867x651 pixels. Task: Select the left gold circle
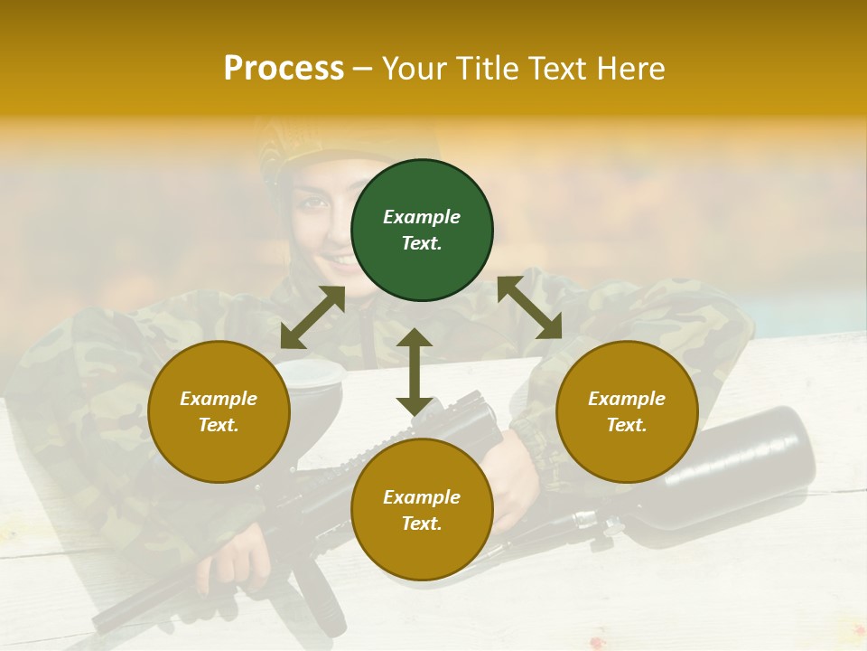tap(219, 411)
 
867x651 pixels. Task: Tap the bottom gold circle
tap(422, 509)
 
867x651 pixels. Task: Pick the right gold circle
tap(627, 411)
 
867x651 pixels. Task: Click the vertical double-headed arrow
tap(415, 372)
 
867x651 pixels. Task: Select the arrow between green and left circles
tap(312, 317)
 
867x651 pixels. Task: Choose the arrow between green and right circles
tap(529, 307)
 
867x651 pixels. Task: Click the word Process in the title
tap(284, 68)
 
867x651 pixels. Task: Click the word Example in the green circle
tap(422, 217)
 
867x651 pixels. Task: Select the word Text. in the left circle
tap(219, 425)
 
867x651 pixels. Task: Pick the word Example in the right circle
tap(627, 399)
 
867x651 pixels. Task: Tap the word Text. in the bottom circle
tap(422, 524)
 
